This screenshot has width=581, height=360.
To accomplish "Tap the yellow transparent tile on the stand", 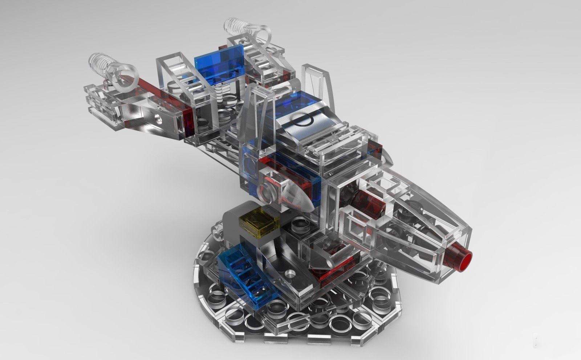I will pyautogui.click(x=258, y=221).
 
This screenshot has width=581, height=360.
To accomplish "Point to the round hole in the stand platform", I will pyautogui.click(x=289, y=273).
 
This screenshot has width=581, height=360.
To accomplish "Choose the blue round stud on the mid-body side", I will pyautogui.click(x=251, y=160).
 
